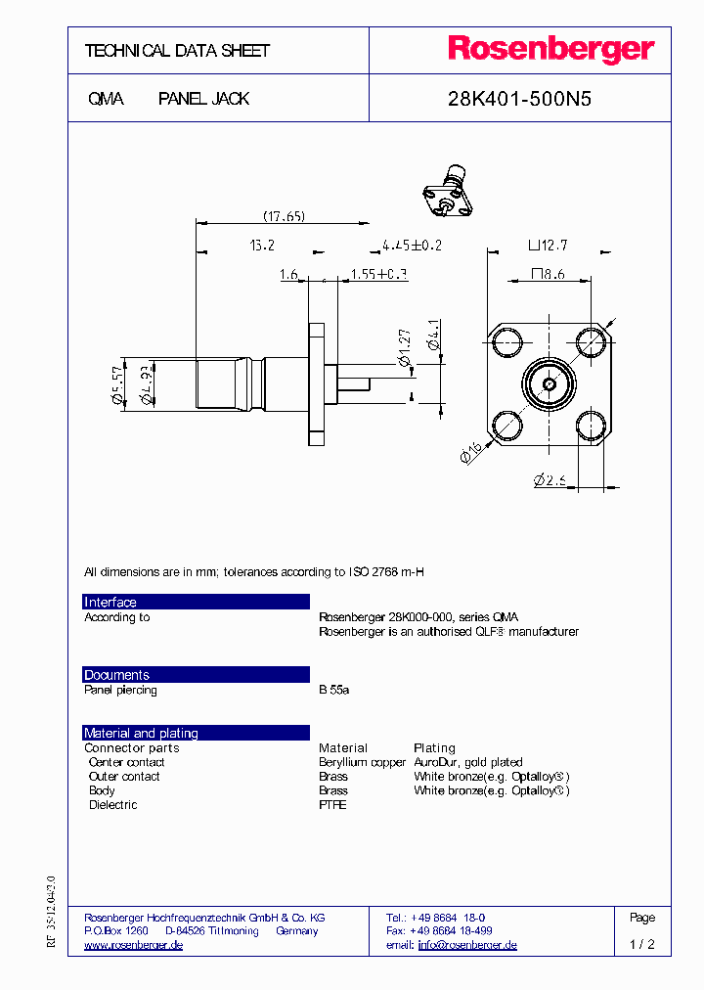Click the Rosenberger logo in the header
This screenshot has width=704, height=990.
tap(550, 50)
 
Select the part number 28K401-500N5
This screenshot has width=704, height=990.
tap(518, 99)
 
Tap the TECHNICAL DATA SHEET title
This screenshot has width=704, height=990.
tap(177, 51)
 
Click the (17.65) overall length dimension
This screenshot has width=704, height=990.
tap(284, 216)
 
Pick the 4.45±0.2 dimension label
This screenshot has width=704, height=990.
tap(411, 246)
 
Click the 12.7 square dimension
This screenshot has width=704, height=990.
tap(548, 246)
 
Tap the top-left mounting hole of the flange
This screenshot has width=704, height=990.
tap(506, 342)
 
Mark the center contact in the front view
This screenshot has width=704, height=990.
tap(549, 384)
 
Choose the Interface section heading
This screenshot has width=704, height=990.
tap(110, 603)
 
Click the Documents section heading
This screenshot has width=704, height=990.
tap(116, 675)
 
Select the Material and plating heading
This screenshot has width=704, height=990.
tap(141, 733)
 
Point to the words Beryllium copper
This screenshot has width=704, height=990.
tap(362, 762)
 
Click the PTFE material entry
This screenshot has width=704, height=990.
tap(332, 805)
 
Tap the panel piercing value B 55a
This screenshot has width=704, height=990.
tap(333, 690)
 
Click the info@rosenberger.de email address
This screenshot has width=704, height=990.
tap(467, 945)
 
